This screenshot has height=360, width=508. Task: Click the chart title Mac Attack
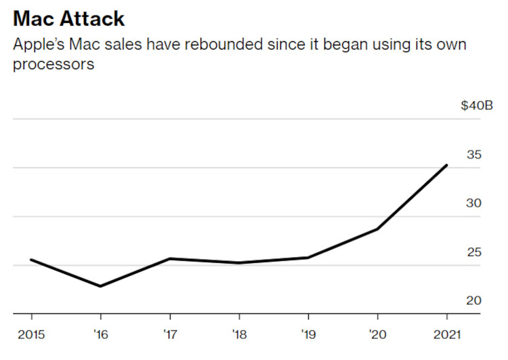click(68, 18)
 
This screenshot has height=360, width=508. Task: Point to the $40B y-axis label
click(476, 106)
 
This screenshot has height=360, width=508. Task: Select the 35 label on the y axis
click(473, 155)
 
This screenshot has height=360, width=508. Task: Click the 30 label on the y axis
click(473, 203)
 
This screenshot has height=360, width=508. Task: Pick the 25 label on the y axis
click(473, 252)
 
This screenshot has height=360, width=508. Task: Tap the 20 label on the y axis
click(473, 300)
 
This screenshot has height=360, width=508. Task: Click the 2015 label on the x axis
click(31, 334)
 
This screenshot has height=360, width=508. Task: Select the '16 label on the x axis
click(100, 334)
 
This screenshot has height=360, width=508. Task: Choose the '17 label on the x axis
click(169, 334)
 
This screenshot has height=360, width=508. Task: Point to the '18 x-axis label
click(239, 334)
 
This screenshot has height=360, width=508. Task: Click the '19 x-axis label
click(308, 334)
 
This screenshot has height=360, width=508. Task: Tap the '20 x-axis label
click(377, 334)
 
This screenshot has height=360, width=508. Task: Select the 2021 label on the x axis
click(447, 334)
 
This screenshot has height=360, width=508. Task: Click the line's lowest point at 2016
click(100, 286)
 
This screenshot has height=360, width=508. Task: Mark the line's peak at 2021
click(447, 165)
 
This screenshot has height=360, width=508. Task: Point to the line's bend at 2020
click(377, 229)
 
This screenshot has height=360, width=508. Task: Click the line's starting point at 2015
click(31, 260)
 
